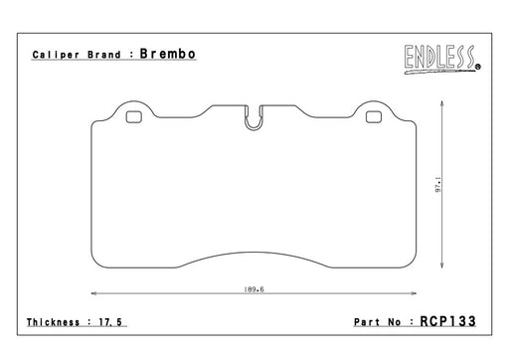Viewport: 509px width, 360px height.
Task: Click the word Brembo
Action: point(168,54)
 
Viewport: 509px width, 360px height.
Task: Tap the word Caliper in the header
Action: point(56,55)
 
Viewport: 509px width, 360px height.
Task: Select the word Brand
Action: point(104,55)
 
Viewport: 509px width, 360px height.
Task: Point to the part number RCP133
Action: point(447,321)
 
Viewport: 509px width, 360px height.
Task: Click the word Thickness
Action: point(53,322)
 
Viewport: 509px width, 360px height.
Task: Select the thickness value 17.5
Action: point(110,322)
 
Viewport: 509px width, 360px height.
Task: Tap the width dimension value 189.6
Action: point(254,289)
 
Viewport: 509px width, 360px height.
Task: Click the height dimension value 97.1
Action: point(438,185)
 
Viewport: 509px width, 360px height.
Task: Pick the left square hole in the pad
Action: point(134,117)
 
